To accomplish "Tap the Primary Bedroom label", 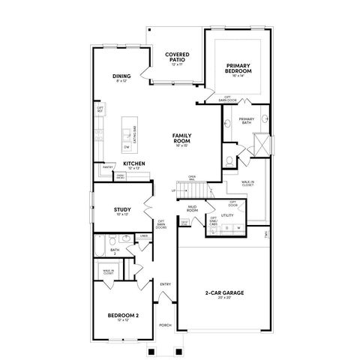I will (x=238, y=69).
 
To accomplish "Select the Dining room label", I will (x=121, y=76).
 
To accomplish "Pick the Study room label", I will (x=122, y=210).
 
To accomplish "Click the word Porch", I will (x=166, y=325).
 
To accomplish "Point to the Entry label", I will (x=166, y=283).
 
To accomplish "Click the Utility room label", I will (x=228, y=215).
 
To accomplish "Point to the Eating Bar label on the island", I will (x=134, y=137).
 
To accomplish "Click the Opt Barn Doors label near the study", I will (x=160, y=223).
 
